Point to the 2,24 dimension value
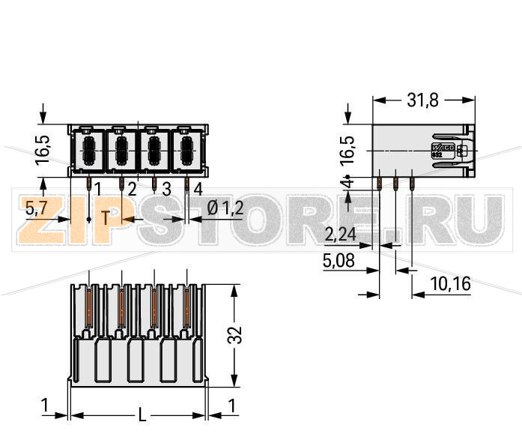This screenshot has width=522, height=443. tap(341, 235)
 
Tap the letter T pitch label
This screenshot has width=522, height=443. tap(106, 219)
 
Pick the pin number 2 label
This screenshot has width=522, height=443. tap(132, 188)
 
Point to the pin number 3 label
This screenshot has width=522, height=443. tap(166, 188)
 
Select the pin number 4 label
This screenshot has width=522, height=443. tap(198, 188)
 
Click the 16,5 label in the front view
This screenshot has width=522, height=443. tap(43, 150)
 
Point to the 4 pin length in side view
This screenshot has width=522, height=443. tap(346, 183)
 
